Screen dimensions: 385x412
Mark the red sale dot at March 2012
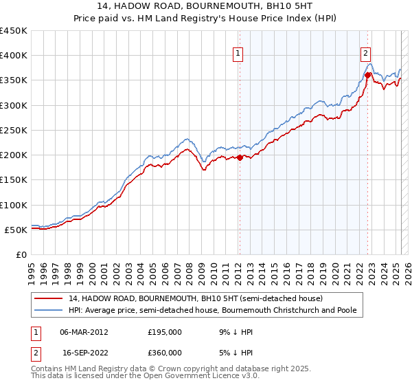coord(240,157)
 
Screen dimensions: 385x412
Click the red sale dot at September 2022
coord(368,75)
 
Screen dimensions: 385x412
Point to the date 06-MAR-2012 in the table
coord(84,332)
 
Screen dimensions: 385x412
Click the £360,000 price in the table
coord(165,352)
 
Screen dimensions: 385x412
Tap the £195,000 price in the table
coord(165,332)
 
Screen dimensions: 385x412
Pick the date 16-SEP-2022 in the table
coord(84,352)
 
